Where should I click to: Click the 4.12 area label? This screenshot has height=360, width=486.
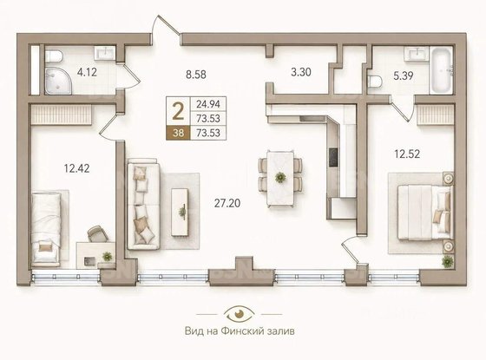(x=87, y=72)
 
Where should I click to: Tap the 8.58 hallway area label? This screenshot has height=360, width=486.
(x=196, y=75)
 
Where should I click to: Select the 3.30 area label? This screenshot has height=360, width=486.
(x=301, y=72)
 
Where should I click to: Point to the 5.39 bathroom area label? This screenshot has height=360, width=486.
(x=404, y=75)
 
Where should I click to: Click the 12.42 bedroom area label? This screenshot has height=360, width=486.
(x=76, y=168)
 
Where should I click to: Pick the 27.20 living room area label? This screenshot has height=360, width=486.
(x=227, y=203)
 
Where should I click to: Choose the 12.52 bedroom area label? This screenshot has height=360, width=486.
(x=407, y=154)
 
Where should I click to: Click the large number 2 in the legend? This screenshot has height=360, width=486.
(x=178, y=112)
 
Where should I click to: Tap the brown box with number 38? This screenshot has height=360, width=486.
(x=178, y=133)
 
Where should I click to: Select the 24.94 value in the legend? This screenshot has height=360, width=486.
(x=208, y=104)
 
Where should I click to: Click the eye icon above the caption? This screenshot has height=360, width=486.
(x=239, y=313)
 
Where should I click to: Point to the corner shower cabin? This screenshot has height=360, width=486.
(x=58, y=81)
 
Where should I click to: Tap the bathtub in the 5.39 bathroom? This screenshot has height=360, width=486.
(x=441, y=70)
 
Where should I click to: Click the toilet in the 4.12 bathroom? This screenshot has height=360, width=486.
(x=54, y=56)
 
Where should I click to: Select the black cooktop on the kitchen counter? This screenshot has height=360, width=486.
(x=333, y=157)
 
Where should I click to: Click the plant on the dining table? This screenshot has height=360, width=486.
(x=280, y=177)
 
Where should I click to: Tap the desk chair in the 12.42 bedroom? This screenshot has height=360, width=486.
(x=97, y=234)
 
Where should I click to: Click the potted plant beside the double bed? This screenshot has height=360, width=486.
(x=447, y=262)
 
